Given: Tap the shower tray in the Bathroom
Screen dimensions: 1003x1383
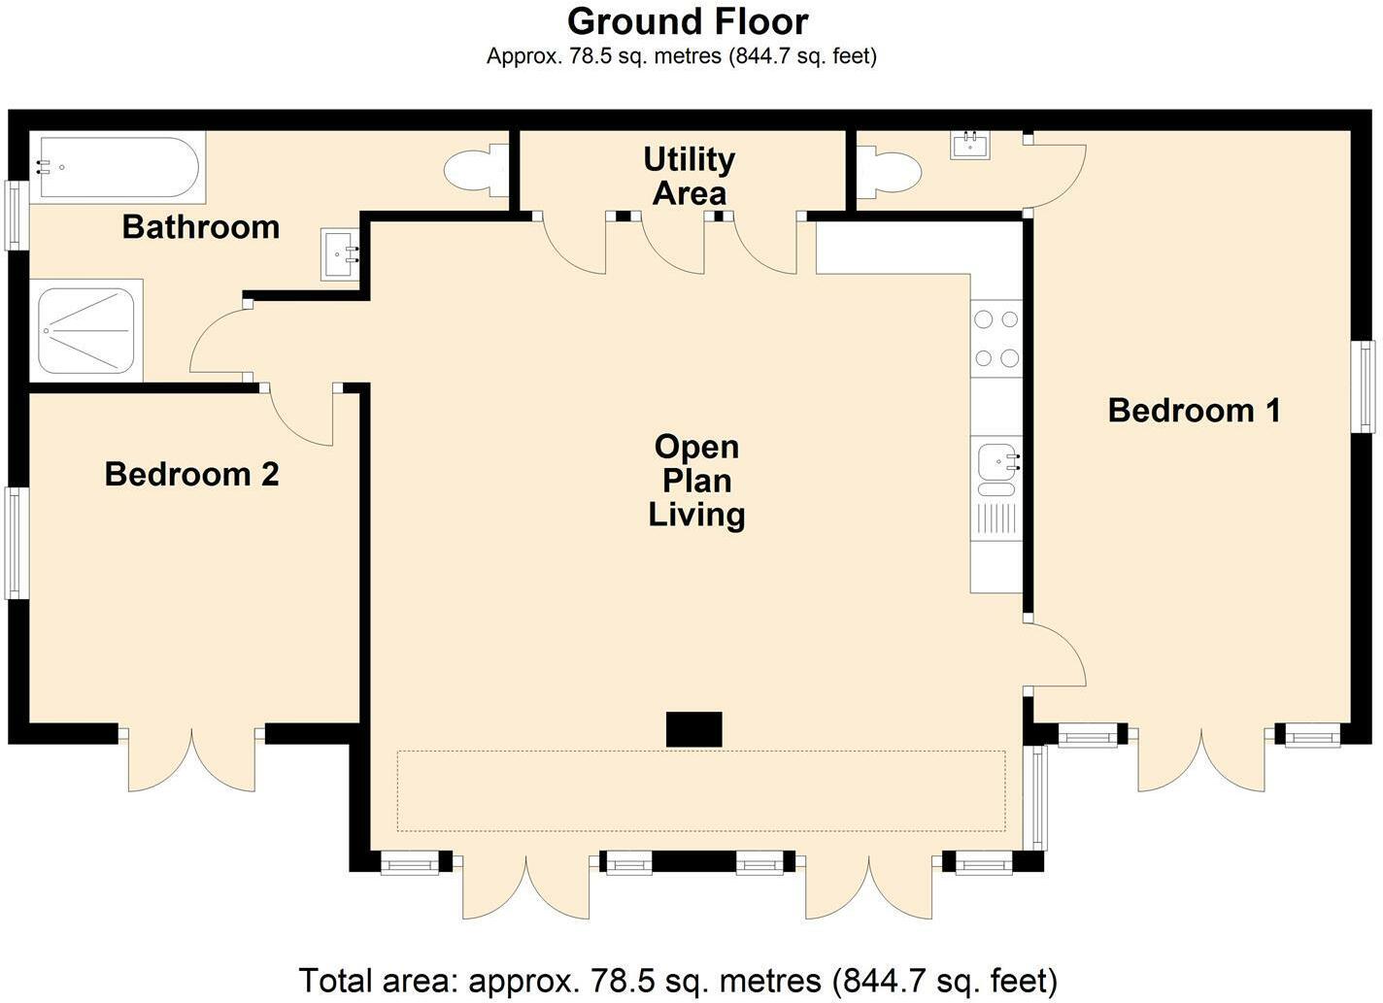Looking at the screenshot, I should tap(85, 330).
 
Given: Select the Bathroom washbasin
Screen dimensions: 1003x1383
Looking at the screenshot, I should tap(340, 255).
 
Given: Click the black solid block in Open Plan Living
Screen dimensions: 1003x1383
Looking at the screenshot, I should tap(693, 729).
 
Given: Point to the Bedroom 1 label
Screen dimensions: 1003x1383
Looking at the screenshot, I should tap(1194, 411).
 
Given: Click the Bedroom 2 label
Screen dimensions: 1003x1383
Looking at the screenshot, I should tap(191, 474).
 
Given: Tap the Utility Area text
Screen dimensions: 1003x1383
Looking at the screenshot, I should tap(689, 176).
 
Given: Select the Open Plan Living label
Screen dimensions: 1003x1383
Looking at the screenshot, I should tap(696, 481).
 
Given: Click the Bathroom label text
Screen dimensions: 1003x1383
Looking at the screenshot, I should tap(200, 227).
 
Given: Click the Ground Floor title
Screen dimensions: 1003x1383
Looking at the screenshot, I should tap(688, 21).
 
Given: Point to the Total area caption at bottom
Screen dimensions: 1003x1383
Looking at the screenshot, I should tap(677, 980).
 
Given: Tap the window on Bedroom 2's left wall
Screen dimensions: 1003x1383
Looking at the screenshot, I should tap(14, 542).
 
